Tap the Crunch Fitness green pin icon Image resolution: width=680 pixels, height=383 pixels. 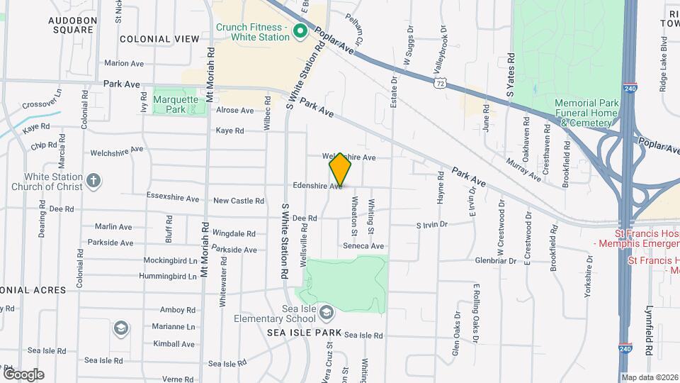pos(299,31)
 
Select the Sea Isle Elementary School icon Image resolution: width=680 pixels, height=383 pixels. pos(326,312)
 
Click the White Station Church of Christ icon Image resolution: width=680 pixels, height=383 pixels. pos(93,179)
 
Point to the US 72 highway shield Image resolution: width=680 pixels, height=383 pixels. pos(441,84)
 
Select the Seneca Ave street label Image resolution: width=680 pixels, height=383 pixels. pos(363,246)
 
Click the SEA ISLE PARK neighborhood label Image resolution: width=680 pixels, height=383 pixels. pos(305,333)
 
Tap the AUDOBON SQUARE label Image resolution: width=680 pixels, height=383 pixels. pos(72,26)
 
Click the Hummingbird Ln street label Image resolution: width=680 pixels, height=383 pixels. pos(168,276)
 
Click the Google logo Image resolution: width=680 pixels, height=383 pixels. pos(23,374)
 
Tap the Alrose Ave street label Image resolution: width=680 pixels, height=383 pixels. pos(234,111)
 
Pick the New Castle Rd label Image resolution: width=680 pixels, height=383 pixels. pos(238,201)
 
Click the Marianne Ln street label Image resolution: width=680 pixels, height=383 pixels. pos(173,327)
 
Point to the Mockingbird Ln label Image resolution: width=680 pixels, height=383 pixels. pos(170,260)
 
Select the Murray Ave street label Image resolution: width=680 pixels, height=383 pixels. pos(523,164)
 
